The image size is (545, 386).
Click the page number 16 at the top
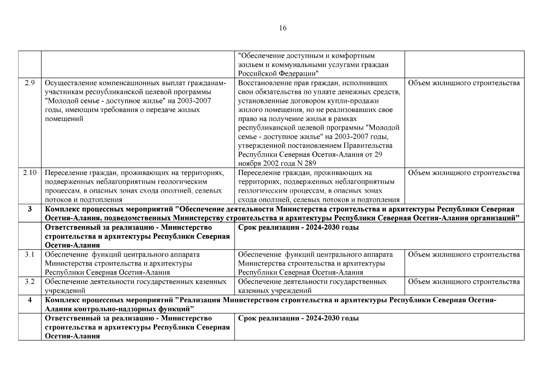[x=283, y=28]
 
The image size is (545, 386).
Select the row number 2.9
[x=30, y=83]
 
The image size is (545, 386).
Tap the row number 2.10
[x=30, y=173]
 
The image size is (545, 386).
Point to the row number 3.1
[x=30, y=255]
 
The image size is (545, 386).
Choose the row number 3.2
[x=30, y=282]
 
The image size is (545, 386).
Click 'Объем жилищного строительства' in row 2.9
[x=464, y=83]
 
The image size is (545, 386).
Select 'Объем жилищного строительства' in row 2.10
[x=464, y=173]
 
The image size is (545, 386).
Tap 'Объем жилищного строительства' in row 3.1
[x=464, y=255]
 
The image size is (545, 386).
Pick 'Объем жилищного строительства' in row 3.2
[x=464, y=282]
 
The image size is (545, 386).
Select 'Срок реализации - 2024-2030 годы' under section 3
[x=298, y=228]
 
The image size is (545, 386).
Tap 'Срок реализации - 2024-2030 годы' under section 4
[x=298, y=318]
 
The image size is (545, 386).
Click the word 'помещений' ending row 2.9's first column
[x=64, y=119]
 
